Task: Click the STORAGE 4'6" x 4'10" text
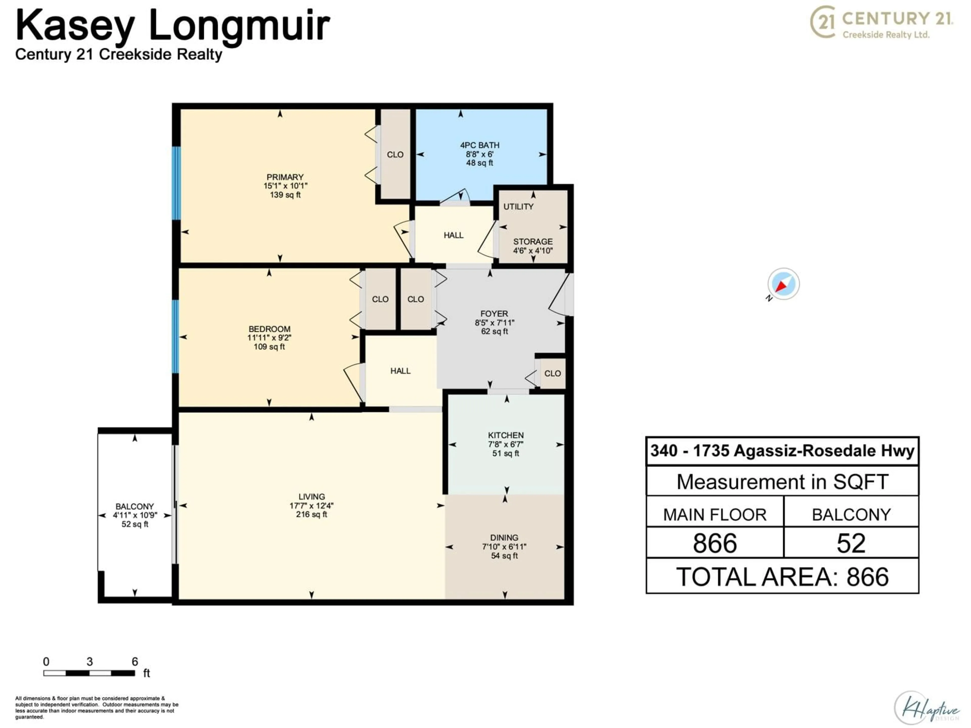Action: [x=533, y=246]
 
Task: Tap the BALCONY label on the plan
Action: [x=135, y=506]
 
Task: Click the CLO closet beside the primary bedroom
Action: [x=395, y=154]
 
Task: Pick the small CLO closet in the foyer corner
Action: [x=552, y=373]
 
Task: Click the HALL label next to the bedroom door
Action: [x=400, y=371]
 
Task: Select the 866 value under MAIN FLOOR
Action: [x=715, y=543]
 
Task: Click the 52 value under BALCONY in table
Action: [x=851, y=543]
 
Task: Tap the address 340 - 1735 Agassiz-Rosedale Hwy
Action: [x=782, y=451]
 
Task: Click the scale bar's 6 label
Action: [x=135, y=661]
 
